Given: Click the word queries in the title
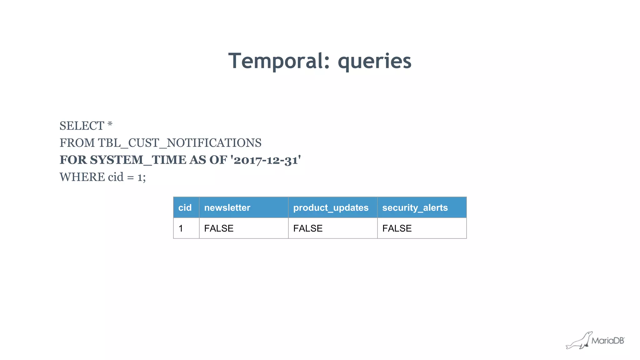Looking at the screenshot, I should point(374,61).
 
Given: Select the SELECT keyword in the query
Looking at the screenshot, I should point(82,126).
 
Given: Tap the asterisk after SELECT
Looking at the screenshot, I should point(110,125).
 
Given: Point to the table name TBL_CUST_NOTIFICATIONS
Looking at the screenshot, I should point(179,143).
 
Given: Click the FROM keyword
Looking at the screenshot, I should point(77,143).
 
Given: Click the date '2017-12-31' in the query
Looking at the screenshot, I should point(265,160).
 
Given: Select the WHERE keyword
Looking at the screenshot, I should point(82,177).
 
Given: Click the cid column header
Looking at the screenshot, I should point(185,208).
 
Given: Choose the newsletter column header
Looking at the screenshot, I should point(227,208).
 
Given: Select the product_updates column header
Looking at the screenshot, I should point(331,208).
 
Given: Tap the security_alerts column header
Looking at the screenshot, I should point(415,208).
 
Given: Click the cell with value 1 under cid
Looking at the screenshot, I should point(181,228).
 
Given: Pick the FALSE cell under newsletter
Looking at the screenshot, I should point(219,228).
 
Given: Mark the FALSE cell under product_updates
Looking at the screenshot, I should point(308,228).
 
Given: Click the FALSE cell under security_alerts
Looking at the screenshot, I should point(397,228).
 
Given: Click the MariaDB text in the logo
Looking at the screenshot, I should point(607,341).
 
